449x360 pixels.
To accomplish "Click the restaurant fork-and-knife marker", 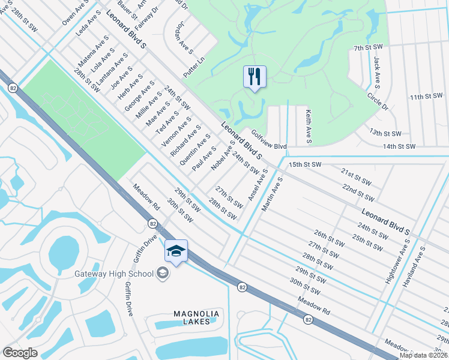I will [255, 77].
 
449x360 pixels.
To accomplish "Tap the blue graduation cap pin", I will [176, 251].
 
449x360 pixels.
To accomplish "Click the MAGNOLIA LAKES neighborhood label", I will [196, 317].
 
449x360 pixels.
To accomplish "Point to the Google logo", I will [20, 352].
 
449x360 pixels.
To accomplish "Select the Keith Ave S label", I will [308, 125].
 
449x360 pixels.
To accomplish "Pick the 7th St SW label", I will [368, 47].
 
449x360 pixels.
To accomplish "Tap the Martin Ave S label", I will [272, 193].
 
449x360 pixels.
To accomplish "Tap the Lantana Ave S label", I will [113, 67].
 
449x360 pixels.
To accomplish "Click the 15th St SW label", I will [306, 164].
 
